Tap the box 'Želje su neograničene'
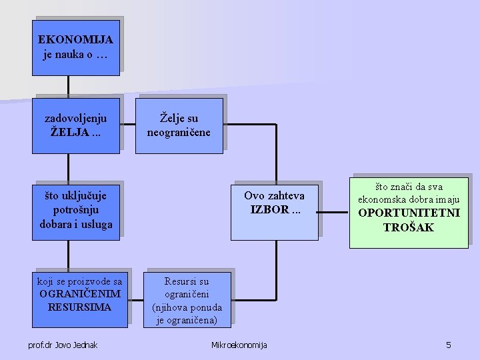179,125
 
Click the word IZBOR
270,209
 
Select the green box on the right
409,211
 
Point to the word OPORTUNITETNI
409,214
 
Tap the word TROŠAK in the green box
409,227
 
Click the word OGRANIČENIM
80,294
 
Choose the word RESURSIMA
80,307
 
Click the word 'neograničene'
179,132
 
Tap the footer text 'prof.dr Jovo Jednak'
63,345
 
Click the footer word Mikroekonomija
239,345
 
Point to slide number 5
449,345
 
